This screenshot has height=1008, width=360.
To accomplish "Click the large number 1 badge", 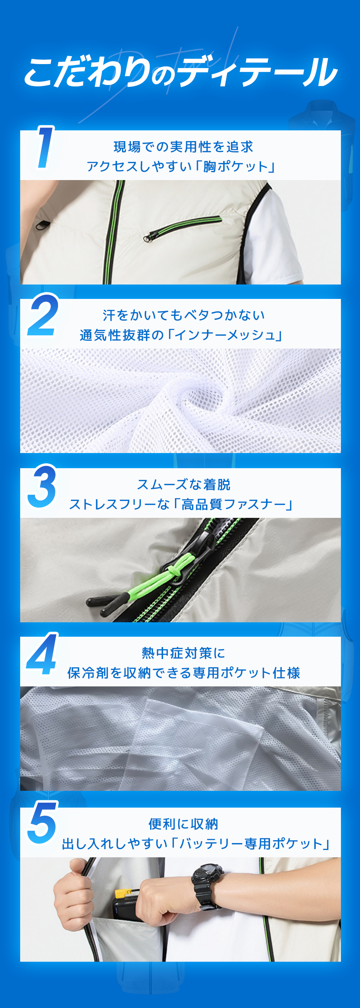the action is click(x=45, y=147).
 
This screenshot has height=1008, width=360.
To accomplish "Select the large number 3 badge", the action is click(x=42, y=485).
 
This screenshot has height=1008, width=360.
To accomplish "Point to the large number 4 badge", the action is click(x=42, y=654).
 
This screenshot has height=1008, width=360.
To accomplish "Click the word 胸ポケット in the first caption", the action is click(x=235, y=166).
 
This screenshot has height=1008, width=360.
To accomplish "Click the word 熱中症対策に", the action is click(x=183, y=653).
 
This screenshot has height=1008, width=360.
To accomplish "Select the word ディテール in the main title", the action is click(x=258, y=72).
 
